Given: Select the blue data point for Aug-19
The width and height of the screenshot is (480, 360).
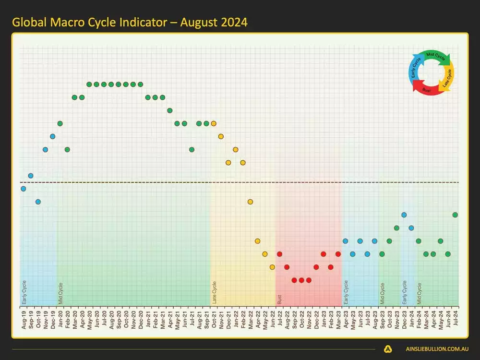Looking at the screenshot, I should click(24, 189).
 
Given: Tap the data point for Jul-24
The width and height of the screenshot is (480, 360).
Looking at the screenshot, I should click(455, 215).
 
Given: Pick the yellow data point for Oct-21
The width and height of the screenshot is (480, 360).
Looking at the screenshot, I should click(214, 123).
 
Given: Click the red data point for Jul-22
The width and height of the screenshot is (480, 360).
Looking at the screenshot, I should click(279, 254).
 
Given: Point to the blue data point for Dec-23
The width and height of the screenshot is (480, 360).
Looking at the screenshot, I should click(404, 215).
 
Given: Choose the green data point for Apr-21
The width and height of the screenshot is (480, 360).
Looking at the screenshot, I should click(169, 110).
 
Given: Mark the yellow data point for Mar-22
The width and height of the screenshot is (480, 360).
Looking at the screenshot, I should click(250, 202).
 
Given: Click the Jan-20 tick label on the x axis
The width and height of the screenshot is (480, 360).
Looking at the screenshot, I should click(60, 317).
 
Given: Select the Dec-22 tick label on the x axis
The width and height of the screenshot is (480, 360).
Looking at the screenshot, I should click(316, 317).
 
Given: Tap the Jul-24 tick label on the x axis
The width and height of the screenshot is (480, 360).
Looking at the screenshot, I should click(456, 317).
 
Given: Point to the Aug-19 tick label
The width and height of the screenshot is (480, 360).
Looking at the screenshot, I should click(24, 317).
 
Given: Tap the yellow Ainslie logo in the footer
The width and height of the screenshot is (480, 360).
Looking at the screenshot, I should click(388, 349).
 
